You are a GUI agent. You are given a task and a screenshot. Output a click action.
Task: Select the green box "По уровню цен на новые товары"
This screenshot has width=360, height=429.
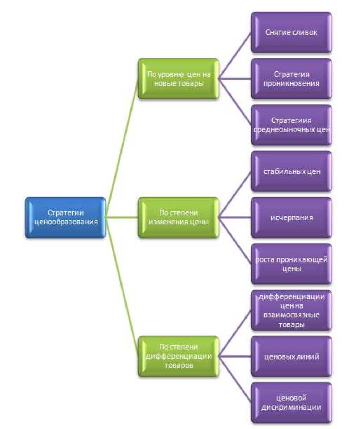coord(178,78)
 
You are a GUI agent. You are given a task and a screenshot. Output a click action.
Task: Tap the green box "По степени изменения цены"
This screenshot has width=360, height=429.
coord(178,217)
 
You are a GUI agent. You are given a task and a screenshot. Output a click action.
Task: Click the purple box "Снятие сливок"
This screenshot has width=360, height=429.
coord(291,32)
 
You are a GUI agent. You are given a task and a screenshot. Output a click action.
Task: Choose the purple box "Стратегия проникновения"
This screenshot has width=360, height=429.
coord(291,78)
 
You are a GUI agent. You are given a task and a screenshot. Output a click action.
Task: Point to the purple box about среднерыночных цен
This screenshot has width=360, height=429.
coord(291,125)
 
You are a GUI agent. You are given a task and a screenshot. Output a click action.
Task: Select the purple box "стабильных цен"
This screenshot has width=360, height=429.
coord(291,171)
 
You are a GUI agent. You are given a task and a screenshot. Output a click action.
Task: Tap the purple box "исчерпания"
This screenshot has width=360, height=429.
coord(291,217)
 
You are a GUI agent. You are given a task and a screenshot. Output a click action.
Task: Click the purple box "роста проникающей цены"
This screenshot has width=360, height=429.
coord(291,264)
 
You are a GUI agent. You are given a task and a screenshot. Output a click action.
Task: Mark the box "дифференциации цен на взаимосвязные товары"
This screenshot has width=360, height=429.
coord(291,310)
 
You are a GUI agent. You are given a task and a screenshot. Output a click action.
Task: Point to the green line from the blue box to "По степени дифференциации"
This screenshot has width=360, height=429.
coord(122,287)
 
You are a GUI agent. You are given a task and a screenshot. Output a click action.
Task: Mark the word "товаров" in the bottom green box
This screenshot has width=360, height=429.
coord(178,365)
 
